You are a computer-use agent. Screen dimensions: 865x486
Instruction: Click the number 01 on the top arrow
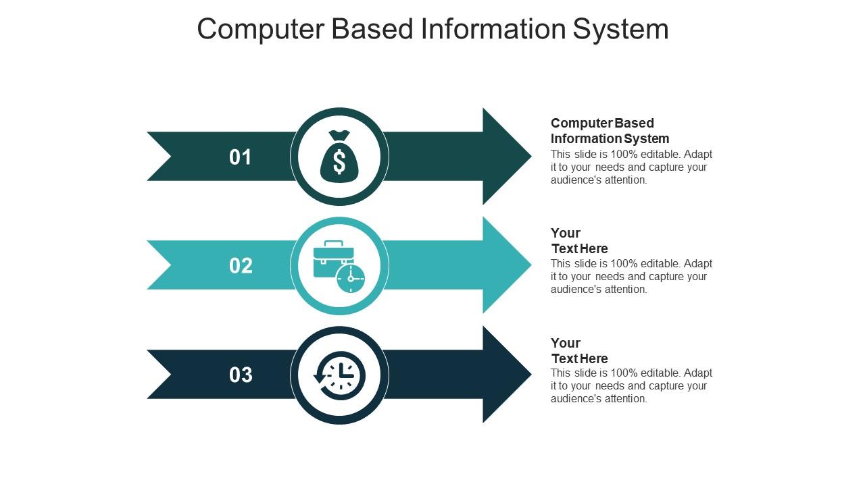240,157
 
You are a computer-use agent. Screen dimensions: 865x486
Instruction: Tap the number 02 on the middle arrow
241,266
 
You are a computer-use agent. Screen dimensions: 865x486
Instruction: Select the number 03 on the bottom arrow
241,375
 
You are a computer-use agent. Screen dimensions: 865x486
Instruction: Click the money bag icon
339,157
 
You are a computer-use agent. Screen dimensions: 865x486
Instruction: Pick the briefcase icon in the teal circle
333,259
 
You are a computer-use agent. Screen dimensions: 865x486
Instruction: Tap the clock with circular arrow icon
339,375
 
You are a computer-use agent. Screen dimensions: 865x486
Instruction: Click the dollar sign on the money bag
339,162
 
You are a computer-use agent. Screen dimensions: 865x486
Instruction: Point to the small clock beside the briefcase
351,279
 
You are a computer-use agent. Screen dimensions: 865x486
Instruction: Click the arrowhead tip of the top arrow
531,156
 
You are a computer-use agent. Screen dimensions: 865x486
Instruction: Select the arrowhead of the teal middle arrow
507,265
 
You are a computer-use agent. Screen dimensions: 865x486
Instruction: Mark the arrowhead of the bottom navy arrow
507,375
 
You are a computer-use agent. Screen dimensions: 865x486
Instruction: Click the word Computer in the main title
261,30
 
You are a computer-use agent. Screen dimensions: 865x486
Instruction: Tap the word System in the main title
620,30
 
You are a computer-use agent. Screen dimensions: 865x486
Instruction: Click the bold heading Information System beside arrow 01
610,138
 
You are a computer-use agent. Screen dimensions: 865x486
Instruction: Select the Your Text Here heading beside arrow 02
579,241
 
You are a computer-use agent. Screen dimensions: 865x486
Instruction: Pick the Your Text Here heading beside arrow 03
579,350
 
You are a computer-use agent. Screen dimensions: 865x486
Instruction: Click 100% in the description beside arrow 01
624,155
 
